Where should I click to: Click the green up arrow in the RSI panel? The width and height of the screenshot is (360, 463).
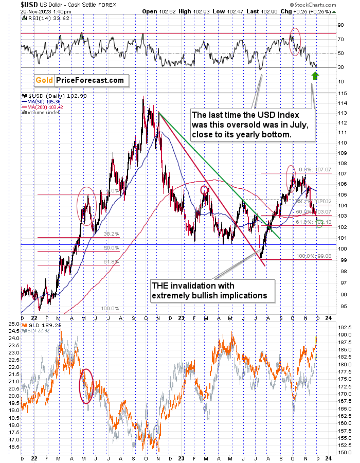(x=315, y=77)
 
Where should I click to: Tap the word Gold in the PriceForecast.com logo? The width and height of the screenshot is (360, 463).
(x=44, y=80)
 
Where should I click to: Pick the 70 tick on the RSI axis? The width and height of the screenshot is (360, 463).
(x=340, y=39)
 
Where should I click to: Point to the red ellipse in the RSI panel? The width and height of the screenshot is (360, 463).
(x=295, y=42)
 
